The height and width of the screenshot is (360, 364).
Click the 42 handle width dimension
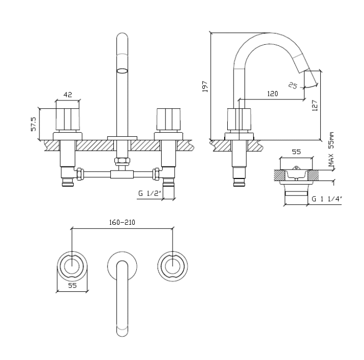(x=68, y=95)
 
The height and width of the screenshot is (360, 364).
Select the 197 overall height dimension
(x=205, y=86)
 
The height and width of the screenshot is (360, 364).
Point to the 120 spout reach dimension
(x=272, y=94)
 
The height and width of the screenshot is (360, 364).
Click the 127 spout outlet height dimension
(x=314, y=106)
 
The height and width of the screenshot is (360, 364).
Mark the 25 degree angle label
(x=293, y=85)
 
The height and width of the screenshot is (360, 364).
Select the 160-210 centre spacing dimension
(x=123, y=222)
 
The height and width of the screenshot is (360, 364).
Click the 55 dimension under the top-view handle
(x=72, y=286)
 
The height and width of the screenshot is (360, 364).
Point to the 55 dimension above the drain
(x=296, y=152)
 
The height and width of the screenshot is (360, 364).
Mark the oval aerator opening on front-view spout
(x=122, y=71)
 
